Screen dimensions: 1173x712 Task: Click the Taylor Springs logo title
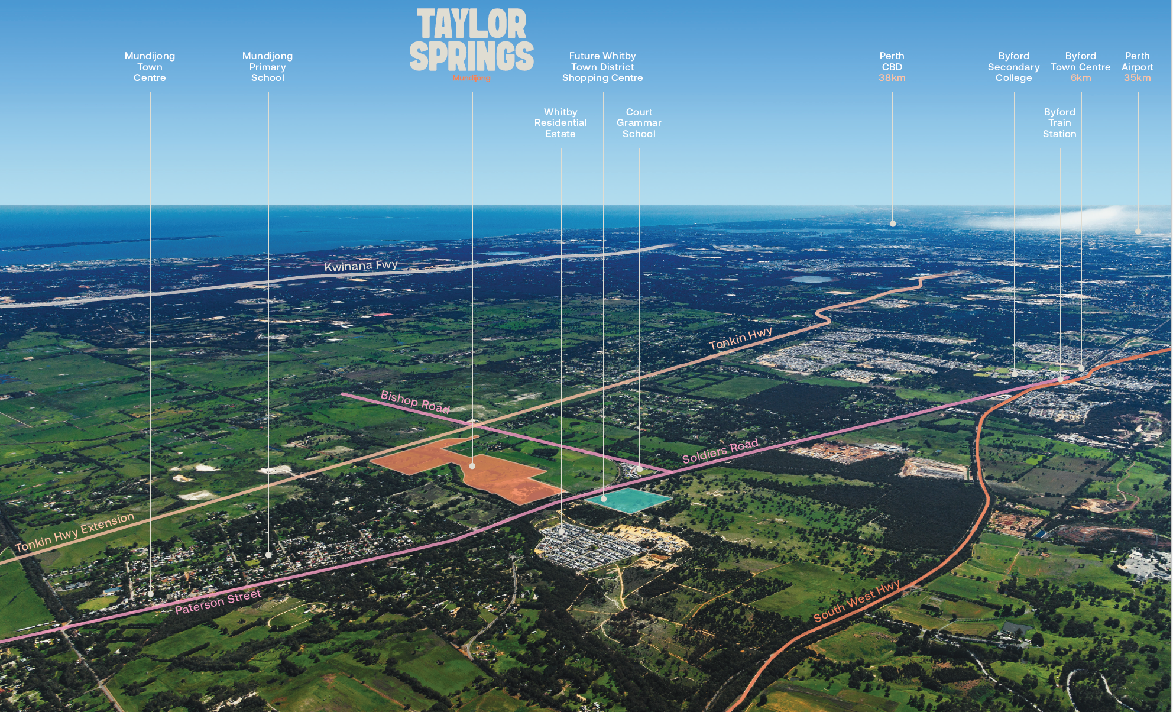[x=471, y=40]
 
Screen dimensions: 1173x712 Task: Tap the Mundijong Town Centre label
[x=150, y=67]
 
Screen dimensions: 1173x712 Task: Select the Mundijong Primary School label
[x=267, y=67]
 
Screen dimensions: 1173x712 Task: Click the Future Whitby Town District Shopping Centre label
[x=602, y=67]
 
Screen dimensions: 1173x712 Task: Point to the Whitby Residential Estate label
[x=560, y=123]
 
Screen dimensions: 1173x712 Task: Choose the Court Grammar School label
[x=639, y=123]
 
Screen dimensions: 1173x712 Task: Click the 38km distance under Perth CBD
[x=892, y=78]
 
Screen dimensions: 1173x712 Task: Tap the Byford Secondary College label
[x=1013, y=67]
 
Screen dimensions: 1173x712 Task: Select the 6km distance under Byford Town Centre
[x=1080, y=78]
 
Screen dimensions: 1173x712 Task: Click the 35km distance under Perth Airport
[x=1137, y=78]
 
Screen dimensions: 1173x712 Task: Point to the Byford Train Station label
[x=1059, y=123]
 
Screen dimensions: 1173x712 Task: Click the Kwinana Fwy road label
[x=361, y=266]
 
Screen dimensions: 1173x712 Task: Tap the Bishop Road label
[x=415, y=402]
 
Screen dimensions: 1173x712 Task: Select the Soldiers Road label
[x=720, y=451]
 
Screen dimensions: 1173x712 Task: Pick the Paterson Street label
[x=218, y=602]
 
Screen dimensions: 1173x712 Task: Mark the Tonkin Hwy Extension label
[x=75, y=532]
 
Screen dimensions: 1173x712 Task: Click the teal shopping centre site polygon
[x=628, y=500]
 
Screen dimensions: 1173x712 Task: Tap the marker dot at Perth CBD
[x=893, y=224]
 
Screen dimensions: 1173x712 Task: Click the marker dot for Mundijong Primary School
[x=268, y=555]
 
